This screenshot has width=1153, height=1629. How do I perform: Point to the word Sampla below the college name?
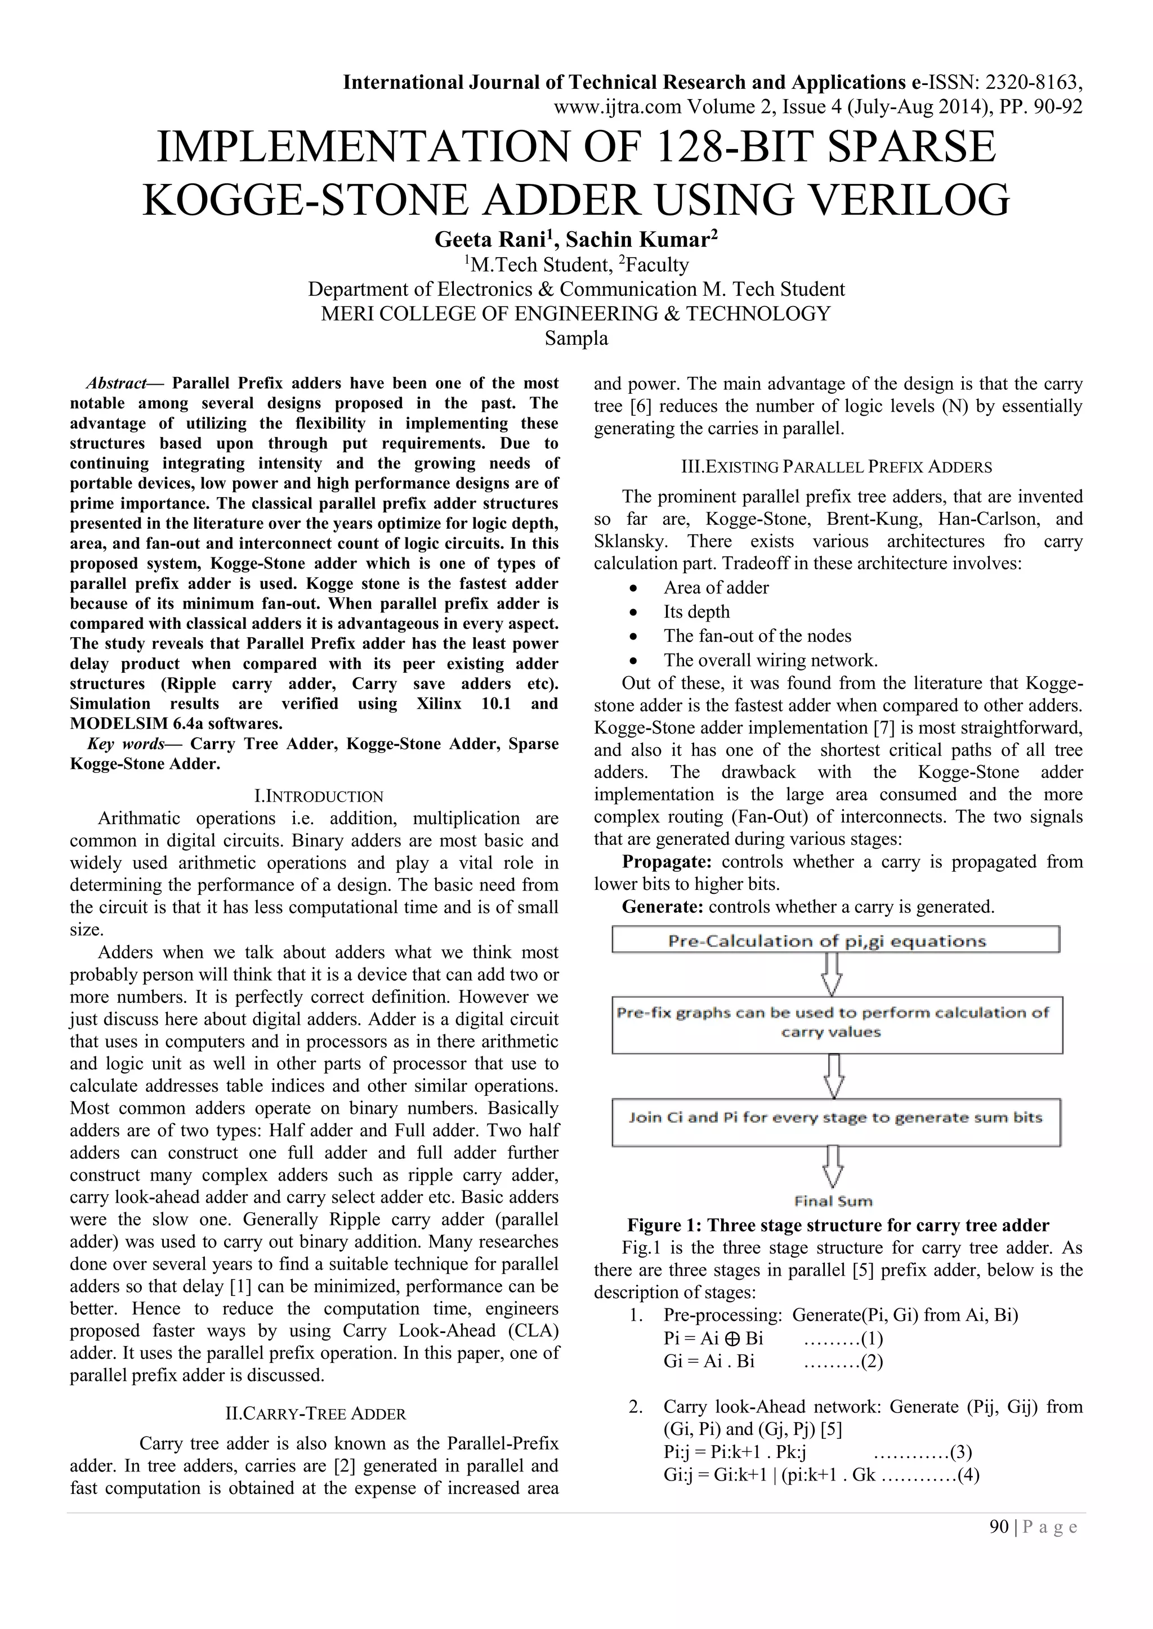576,339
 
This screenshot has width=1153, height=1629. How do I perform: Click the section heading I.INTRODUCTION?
318,796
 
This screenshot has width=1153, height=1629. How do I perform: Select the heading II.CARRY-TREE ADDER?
315,1414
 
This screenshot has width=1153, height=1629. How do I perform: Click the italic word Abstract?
116,383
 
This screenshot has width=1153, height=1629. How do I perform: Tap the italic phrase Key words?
126,744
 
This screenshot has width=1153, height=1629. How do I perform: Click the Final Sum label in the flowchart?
833,1200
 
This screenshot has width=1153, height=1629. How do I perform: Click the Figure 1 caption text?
838,1225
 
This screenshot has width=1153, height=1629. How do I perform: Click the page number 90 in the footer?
998,1527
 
